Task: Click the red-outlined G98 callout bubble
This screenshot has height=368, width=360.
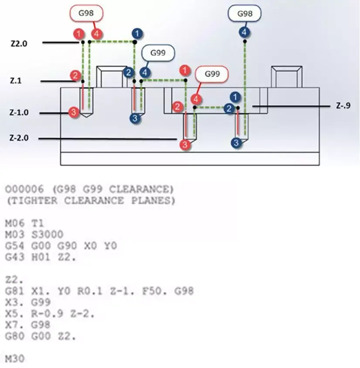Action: pos(86,13)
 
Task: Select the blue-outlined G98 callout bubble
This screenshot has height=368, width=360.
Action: pos(245,14)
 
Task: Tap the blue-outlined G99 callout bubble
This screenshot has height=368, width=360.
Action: pos(158,53)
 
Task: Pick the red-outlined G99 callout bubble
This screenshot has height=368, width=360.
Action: pos(212,74)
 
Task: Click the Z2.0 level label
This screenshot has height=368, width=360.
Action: pos(19,44)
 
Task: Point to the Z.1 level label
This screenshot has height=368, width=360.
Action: pos(16,81)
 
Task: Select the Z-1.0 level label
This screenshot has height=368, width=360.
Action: pos(19,112)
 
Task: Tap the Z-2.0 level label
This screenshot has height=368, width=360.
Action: pos(19,138)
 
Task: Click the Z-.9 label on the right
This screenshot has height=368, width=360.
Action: pos(343,106)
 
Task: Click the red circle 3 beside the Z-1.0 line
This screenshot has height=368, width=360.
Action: pos(74,112)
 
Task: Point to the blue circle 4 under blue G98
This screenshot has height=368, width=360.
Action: pos(244,32)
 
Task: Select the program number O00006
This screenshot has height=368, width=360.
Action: pos(24,189)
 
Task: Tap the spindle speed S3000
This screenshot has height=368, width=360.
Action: pos(48,235)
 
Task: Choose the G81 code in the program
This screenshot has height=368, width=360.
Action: pos(14,291)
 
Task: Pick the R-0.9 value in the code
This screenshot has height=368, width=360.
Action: pos(47,314)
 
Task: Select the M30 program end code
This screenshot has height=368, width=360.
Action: pos(14,359)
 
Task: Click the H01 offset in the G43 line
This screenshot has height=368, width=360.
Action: pos(41,257)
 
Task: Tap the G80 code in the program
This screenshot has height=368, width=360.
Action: pos(14,336)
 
